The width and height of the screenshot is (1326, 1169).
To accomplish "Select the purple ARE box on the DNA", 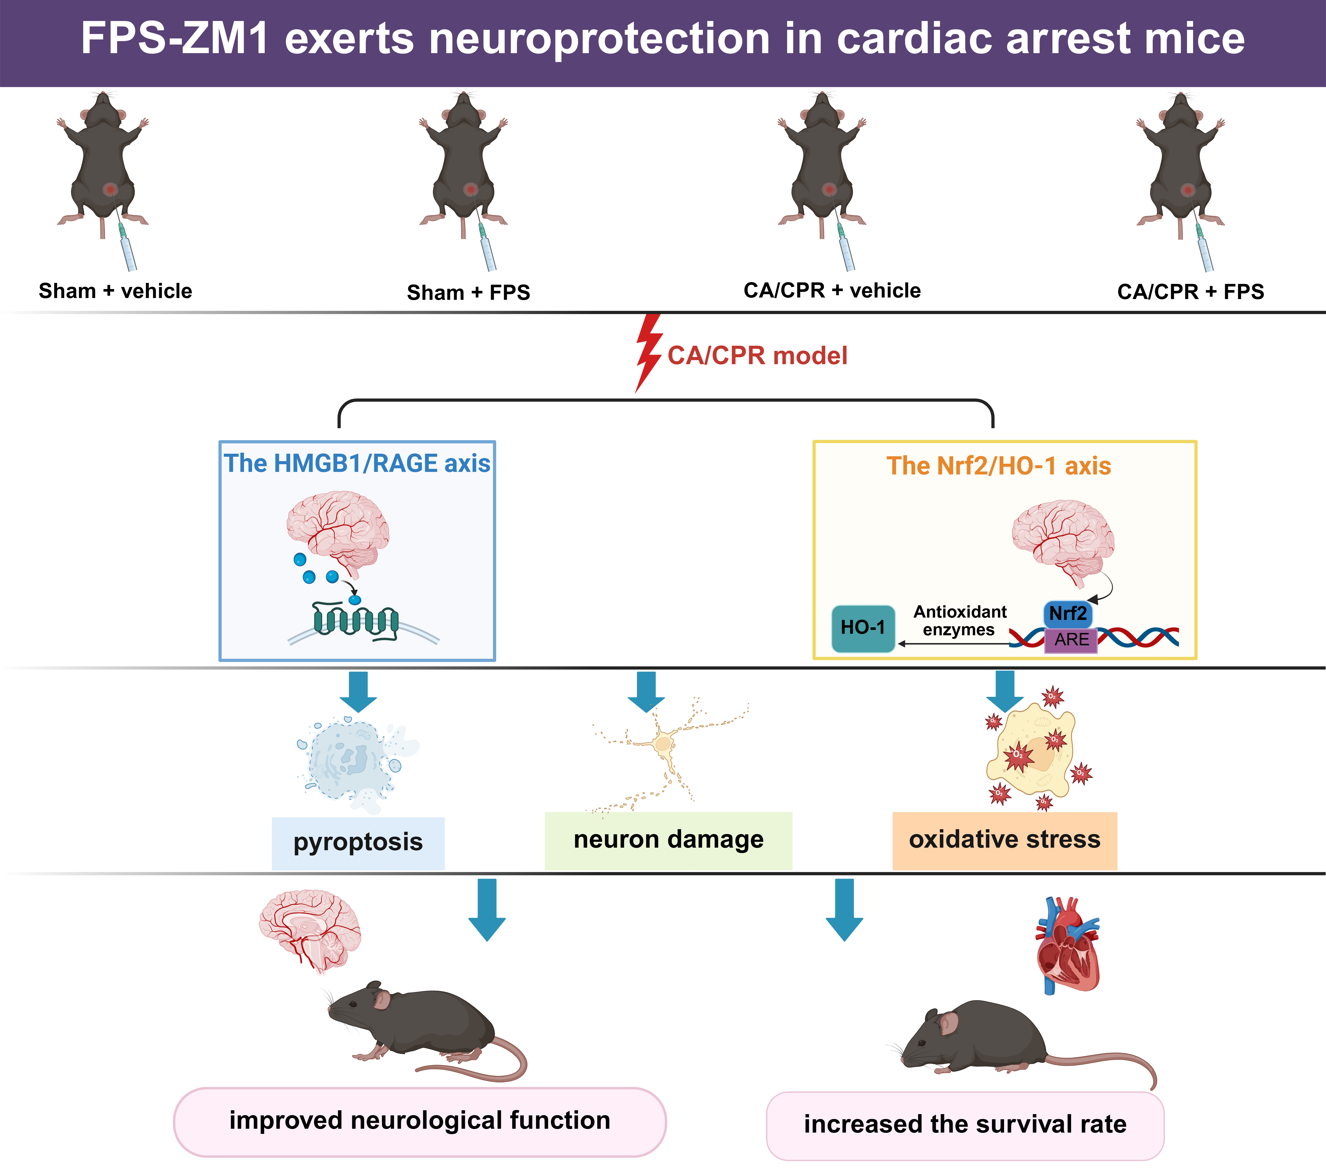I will click(1071, 640).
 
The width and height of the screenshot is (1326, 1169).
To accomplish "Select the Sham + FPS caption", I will click(468, 293).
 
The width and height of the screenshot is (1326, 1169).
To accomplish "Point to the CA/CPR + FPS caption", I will click(1190, 292).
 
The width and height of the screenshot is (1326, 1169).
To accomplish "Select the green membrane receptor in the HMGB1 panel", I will click(356, 621).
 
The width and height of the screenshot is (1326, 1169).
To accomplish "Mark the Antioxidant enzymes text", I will click(959, 621).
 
